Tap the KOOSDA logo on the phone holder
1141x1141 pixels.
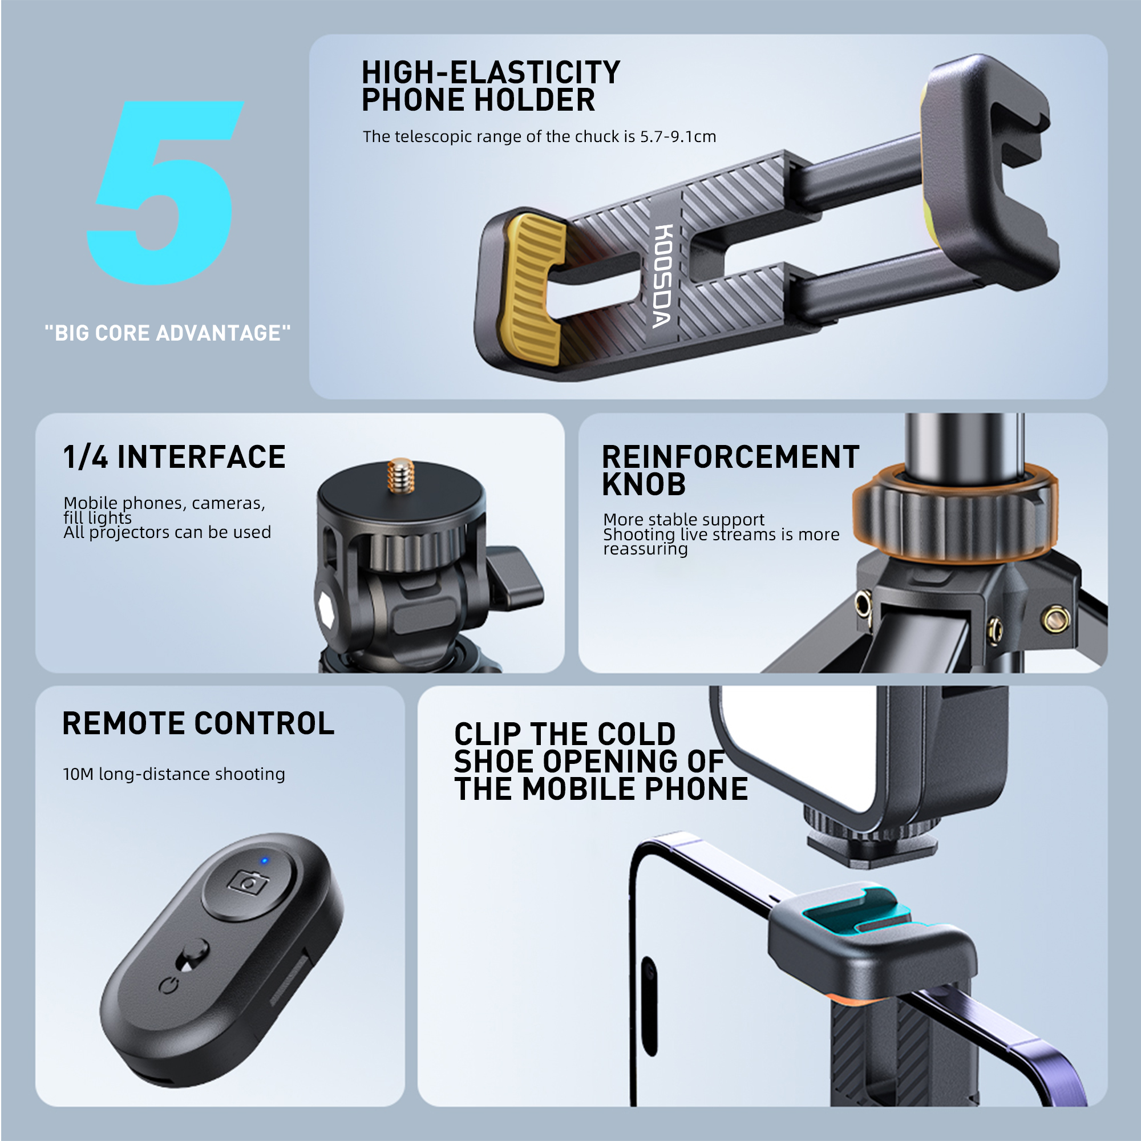coord(662,276)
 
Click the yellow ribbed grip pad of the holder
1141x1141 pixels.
coord(533,289)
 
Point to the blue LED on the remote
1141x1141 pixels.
coord(264,861)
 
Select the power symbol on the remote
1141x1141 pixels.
coord(169,986)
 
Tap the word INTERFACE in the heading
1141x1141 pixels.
coord(201,458)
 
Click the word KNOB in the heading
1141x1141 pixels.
coord(644,485)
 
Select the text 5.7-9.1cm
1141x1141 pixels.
coord(678,136)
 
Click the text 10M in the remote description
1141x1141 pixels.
coord(78,774)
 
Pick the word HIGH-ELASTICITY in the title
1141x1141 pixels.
coord(491,72)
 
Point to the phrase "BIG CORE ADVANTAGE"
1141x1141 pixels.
coord(168,333)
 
